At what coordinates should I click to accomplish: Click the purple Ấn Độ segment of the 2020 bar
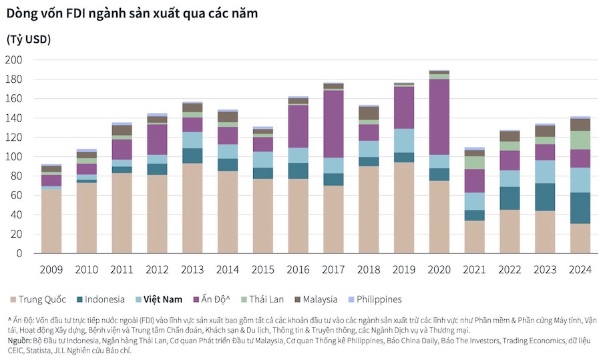click(439, 117)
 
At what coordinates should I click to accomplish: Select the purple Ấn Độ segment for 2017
click(334, 124)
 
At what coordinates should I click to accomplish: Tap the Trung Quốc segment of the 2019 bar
click(404, 208)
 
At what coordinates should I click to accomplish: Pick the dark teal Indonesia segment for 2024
click(580, 208)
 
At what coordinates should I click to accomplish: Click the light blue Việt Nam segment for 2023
click(545, 172)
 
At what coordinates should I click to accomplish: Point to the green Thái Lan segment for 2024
click(580, 140)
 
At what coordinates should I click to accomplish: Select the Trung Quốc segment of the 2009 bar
click(51, 221)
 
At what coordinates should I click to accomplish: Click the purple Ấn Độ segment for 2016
click(298, 126)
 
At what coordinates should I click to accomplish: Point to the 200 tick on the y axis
click(14, 60)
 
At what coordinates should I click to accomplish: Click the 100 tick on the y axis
click(14, 157)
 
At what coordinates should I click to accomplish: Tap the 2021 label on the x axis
click(474, 271)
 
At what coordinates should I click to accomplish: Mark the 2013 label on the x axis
click(192, 271)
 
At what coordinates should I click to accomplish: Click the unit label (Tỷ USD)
click(29, 39)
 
